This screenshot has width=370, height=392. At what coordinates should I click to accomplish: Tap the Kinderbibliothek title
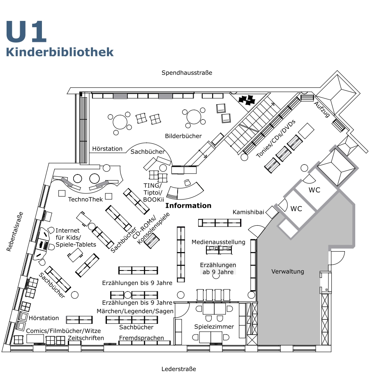[x=60, y=52]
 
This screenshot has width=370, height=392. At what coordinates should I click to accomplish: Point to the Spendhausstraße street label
[x=187, y=73]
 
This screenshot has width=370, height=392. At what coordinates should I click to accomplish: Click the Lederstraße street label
[x=178, y=369]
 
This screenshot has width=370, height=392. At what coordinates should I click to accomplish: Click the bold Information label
[x=188, y=206]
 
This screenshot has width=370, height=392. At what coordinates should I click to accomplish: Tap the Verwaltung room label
[x=288, y=271]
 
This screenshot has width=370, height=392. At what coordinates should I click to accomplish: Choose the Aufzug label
[x=322, y=109]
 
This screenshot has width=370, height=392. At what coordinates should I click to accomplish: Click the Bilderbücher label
[x=183, y=136]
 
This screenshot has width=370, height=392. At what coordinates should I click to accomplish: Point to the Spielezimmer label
[x=214, y=327]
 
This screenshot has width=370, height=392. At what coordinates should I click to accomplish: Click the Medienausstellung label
[x=218, y=242]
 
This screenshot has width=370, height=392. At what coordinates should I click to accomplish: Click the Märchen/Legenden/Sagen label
[x=135, y=311]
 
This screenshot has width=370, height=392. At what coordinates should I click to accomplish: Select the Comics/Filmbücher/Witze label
[x=63, y=330]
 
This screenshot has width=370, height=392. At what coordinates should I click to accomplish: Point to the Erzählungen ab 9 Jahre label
[x=218, y=268]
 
